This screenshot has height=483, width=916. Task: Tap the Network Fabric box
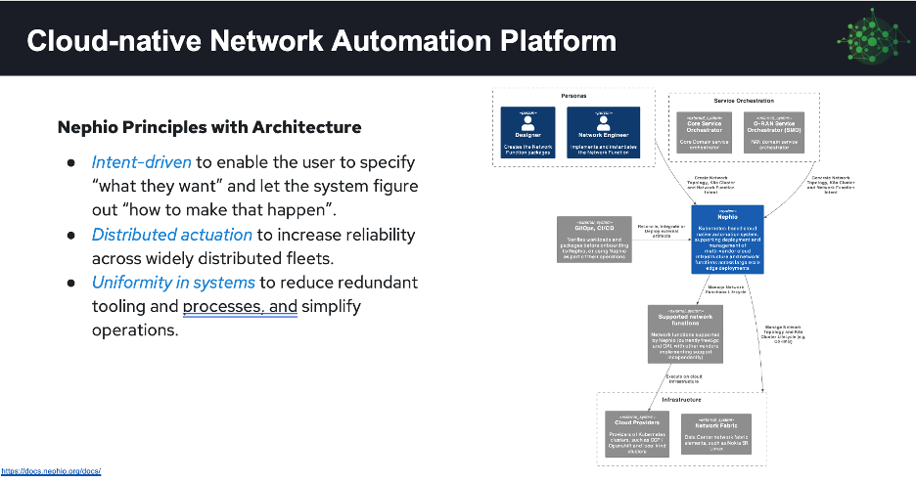[717, 432]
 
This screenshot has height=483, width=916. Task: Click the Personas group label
[573, 97]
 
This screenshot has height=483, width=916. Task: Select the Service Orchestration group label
[738, 100]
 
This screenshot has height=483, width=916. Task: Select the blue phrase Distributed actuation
[172, 235]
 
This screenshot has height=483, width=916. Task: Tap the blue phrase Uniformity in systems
[173, 283]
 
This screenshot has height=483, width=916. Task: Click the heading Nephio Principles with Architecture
[209, 127]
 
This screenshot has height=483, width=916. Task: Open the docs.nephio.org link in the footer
[51, 471]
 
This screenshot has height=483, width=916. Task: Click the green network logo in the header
[869, 38]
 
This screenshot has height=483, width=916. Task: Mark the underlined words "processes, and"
[240, 307]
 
